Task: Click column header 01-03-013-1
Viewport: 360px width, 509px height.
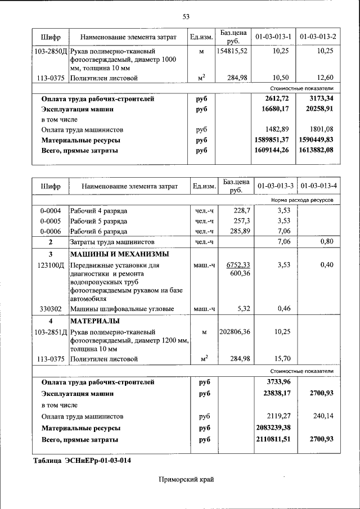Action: pyautogui.click(x=273, y=37)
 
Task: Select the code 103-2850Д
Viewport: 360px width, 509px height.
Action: pyautogui.click(x=51, y=51)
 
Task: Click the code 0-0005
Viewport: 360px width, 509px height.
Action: pyautogui.click(x=51, y=221)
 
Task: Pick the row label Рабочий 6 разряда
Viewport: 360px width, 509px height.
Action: pyautogui.click(x=98, y=231)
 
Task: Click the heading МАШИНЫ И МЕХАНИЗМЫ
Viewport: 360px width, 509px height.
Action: pyautogui.click(x=113, y=254)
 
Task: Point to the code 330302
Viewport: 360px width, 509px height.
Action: pyautogui.click(x=51, y=309)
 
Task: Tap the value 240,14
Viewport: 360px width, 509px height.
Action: pyautogui.click(x=323, y=417)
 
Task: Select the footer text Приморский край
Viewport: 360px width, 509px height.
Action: pyautogui.click(x=186, y=479)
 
